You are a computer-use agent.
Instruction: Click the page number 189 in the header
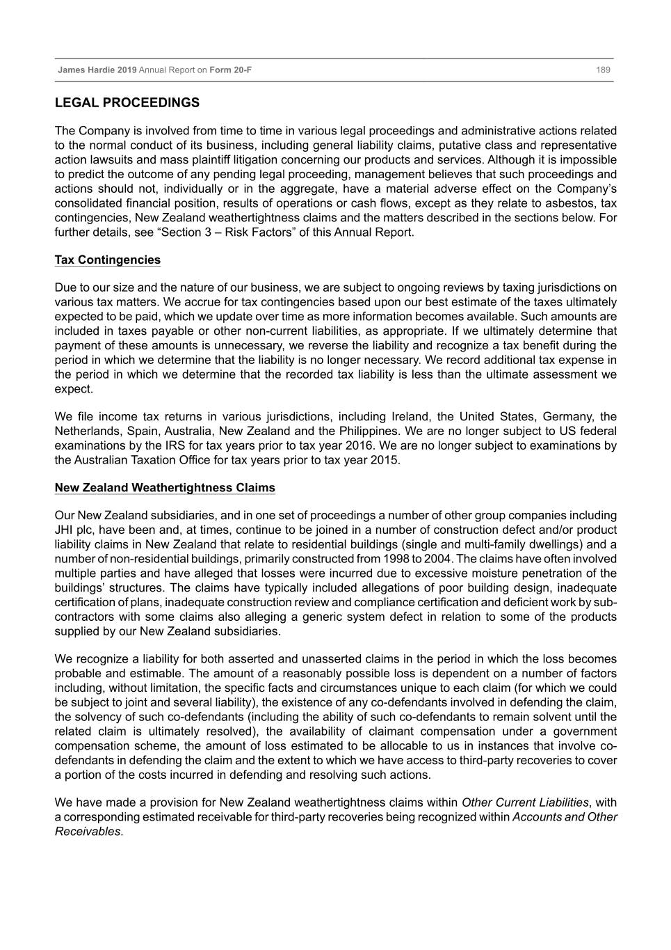pos(603,70)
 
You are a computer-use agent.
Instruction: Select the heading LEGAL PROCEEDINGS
pos(127,103)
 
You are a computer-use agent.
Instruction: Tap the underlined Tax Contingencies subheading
pos(108,260)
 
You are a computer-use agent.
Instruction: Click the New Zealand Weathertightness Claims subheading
pos(165,488)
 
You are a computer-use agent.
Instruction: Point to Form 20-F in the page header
pos(231,70)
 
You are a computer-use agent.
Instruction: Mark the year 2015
pos(385,460)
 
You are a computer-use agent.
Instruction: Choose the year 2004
pos(435,559)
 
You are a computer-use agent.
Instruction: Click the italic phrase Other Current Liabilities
pos(525,802)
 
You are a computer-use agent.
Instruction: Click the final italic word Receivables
pos(88,832)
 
